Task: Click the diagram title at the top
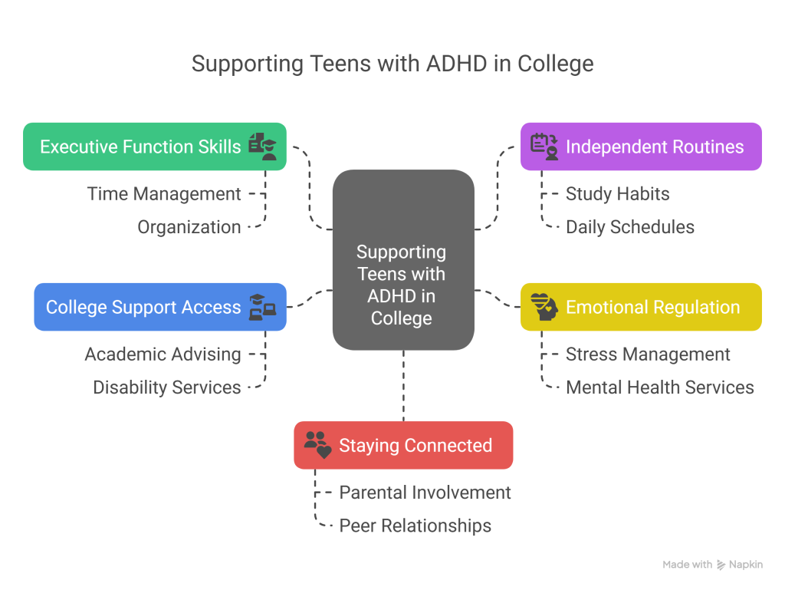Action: click(x=392, y=63)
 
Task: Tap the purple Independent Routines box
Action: click(x=641, y=147)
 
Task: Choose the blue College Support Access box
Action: click(x=160, y=308)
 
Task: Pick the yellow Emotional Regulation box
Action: click(x=641, y=308)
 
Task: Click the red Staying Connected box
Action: click(x=403, y=445)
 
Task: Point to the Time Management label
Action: click(x=164, y=194)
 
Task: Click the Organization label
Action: click(x=189, y=227)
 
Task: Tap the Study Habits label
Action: click(x=617, y=194)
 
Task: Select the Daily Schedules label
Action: click(x=630, y=227)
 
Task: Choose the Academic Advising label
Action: click(x=163, y=354)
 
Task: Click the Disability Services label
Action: click(x=167, y=387)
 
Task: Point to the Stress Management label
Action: click(x=648, y=354)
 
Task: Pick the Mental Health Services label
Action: click(x=659, y=387)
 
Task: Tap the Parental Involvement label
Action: click(x=425, y=493)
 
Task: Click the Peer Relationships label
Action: click(x=415, y=526)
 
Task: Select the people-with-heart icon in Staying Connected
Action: click(x=317, y=445)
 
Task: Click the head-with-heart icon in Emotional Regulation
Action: click(x=544, y=307)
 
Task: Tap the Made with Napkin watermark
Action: click(x=712, y=565)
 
